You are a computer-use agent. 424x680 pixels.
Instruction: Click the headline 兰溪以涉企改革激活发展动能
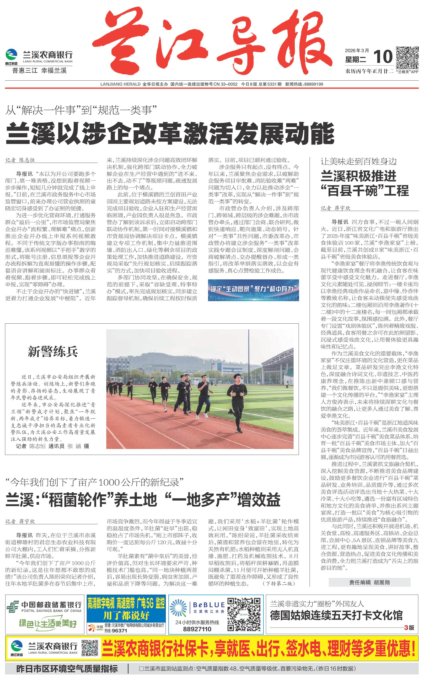(170, 134)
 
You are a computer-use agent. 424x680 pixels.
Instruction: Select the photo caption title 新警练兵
(53, 352)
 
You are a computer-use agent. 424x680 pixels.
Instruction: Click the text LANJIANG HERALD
(120, 84)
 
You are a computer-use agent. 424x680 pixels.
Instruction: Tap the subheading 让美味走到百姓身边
(359, 161)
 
